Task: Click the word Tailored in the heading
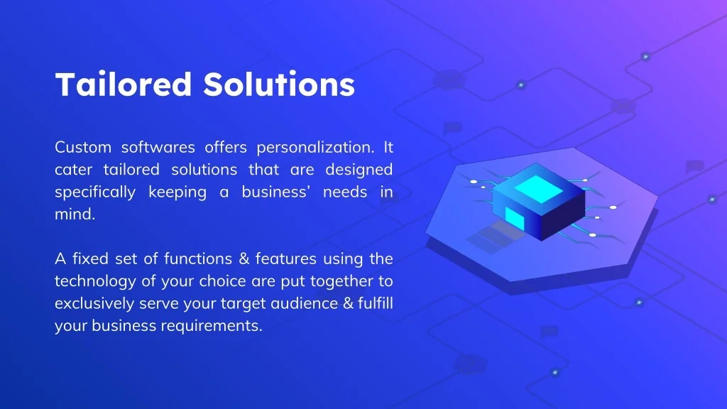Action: point(124,84)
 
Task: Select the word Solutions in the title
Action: point(279,84)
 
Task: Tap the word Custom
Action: point(83,148)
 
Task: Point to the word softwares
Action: point(158,148)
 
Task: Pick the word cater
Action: point(74,170)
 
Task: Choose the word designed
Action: point(359,170)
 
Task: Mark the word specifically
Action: point(95,192)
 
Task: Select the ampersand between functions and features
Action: point(244,258)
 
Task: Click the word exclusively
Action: point(94,303)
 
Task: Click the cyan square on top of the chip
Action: point(539,189)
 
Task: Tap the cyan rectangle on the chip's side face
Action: point(515,217)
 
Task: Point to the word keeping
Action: point(177,192)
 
